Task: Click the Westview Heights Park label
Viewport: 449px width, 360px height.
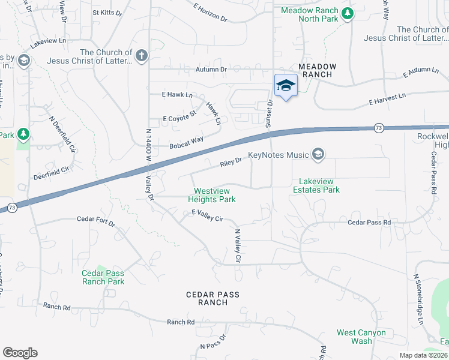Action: (211, 195)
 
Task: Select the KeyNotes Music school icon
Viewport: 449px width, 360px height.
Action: (318, 155)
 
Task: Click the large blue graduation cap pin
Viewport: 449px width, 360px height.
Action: (286, 86)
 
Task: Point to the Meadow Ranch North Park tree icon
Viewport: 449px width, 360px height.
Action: (347, 13)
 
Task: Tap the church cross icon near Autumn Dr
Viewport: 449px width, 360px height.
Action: (141, 56)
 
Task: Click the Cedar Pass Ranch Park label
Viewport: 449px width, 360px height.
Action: (103, 277)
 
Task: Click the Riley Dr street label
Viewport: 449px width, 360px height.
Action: (231, 161)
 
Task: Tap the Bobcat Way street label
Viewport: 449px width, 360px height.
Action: (186, 143)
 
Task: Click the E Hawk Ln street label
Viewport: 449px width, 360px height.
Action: (177, 95)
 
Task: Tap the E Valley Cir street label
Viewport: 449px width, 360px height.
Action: (207, 216)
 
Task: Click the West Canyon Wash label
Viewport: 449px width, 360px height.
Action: (361, 337)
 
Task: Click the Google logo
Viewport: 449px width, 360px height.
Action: (20, 353)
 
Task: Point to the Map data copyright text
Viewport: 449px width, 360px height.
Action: (423, 355)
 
